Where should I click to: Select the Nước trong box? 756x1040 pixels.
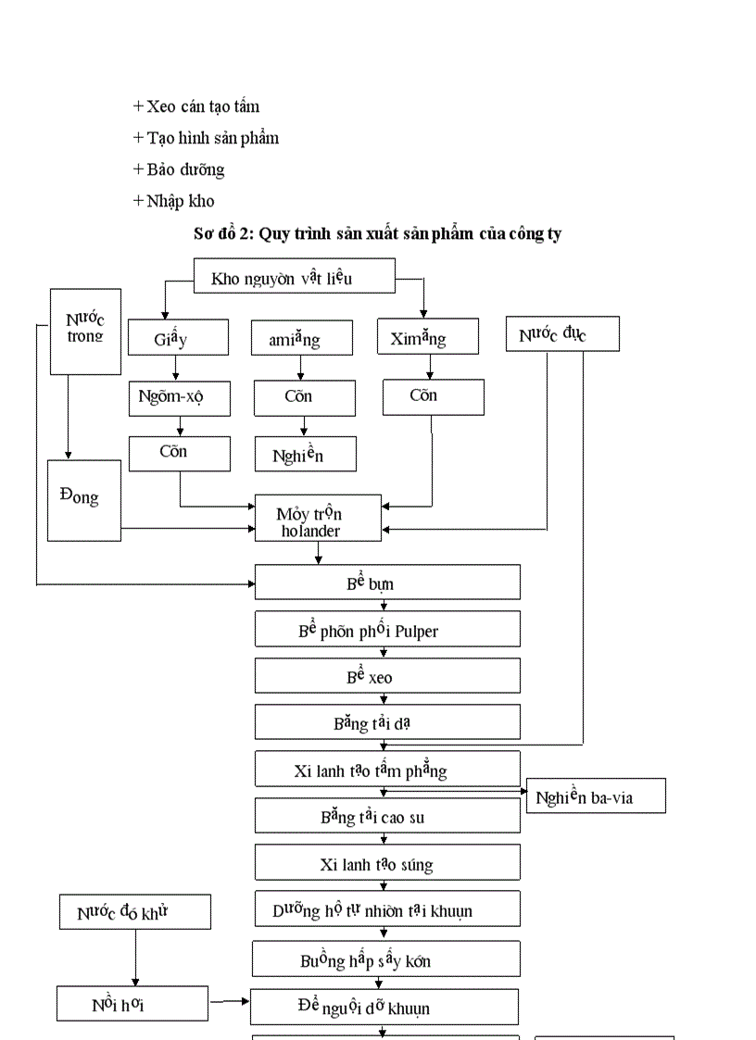(x=85, y=331)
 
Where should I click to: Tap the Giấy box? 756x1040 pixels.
(x=178, y=338)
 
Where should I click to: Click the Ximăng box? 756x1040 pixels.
(x=428, y=337)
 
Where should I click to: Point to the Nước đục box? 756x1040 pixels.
(x=562, y=334)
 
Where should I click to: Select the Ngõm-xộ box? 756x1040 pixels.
(x=179, y=396)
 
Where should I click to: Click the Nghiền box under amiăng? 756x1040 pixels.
(x=305, y=454)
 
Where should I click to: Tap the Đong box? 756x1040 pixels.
(x=84, y=499)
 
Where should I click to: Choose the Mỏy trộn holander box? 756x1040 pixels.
(x=318, y=519)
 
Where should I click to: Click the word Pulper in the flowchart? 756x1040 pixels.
(x=416, y=631)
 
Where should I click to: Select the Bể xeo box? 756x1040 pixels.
(x=387, y=676)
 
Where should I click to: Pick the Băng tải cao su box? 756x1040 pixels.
(x=387, y=816)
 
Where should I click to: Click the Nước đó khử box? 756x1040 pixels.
(x=135, y=912)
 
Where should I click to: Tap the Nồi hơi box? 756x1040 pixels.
(x=132, y=1003)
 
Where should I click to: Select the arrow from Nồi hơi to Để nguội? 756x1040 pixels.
(x=229, y=1001)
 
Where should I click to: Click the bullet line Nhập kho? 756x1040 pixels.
(x=174, y=200)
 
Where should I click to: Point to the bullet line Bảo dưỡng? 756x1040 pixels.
(x=179, y=169)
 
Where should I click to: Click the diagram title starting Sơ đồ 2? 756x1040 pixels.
(x=377, y=233)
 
